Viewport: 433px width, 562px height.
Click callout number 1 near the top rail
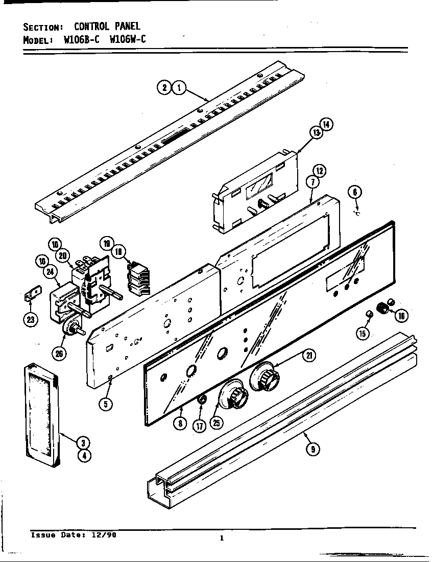click(x=178, y=88)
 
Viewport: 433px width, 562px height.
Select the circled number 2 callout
click(x=164, y=88)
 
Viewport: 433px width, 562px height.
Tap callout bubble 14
click(x=326, y=124)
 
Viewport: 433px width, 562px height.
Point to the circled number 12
click(x=320, y=171)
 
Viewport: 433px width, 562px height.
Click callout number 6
click(x=355, y=193)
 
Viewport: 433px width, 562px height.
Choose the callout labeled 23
click(x=31, y=320)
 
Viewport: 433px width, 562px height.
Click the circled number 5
click(x=105, y=404)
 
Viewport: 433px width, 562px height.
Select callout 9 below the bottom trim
click(x=312, y=449)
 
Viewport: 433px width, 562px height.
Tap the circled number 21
click(x=308, y=357)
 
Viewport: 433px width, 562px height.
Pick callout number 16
click(x=401, y=315)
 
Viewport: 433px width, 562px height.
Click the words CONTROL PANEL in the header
click(x=107, y=26)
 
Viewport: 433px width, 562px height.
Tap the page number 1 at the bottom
click(x=222, y=537)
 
